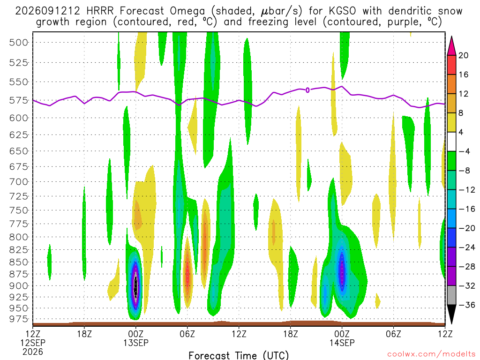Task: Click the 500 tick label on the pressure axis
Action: tap(19, 43)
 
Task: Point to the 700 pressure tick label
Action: tap(19, 182)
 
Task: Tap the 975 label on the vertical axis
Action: tap(19, 319)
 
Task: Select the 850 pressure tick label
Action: tap(19, 262)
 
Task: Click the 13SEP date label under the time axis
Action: tap(136, 343)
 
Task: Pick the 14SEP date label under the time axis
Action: tap(342, 343)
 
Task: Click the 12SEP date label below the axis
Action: tap(33, 343)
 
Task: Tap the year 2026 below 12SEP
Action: tap(33, 352)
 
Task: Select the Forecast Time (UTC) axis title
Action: tap(239, 355)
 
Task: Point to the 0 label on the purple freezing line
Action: tap(307, 90)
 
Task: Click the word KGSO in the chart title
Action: tap(343, 11)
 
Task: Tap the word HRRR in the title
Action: tap(100, 11)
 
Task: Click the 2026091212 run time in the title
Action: tap(47, 11)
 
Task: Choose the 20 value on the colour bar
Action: tap(464, 55)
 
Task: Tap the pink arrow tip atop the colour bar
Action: tap(451, 37)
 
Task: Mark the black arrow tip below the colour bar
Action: tap(451, 324)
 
